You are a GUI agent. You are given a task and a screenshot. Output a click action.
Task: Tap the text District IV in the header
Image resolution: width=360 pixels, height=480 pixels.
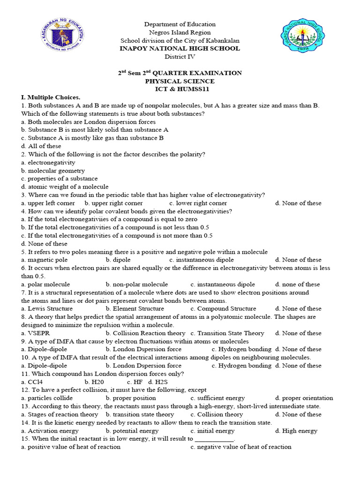(x=180, y=57)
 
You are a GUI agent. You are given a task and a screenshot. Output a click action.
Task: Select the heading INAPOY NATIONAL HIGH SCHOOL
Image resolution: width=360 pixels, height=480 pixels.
(x=180, y=48)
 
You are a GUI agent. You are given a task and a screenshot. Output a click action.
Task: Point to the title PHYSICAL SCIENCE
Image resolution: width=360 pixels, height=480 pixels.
(x=180, y=81)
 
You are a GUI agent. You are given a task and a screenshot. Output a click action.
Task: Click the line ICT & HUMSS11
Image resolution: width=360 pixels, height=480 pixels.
(x=180, y=89)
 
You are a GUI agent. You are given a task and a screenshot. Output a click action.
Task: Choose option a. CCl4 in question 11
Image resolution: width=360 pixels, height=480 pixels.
(x=36, y=382)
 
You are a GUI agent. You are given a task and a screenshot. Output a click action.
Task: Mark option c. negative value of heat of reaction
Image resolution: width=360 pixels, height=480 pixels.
(x=241, y=447)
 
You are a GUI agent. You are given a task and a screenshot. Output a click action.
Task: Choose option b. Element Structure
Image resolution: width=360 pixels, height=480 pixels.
(x=135, y=309)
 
